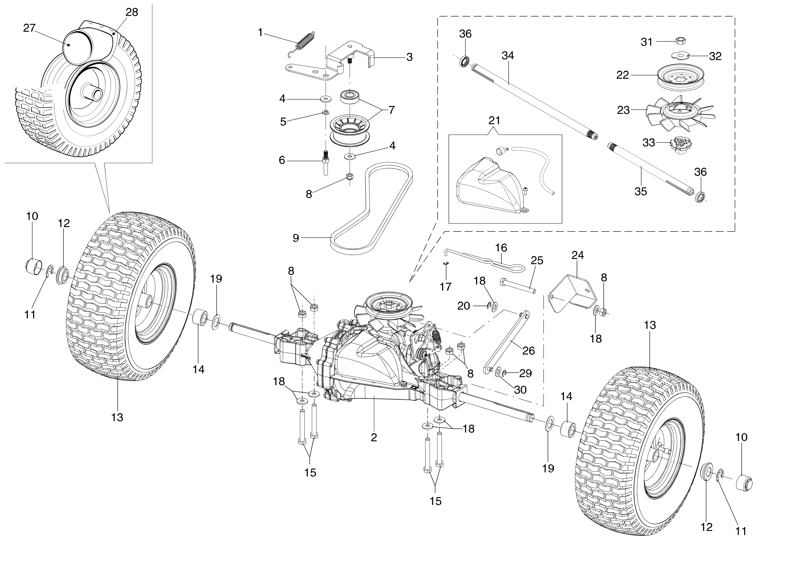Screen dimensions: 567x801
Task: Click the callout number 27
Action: click(29, 28)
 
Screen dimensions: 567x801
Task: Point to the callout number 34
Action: click(508, 56)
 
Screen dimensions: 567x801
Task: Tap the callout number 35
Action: click(641, 191)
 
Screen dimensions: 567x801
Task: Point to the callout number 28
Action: click(132, 12)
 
